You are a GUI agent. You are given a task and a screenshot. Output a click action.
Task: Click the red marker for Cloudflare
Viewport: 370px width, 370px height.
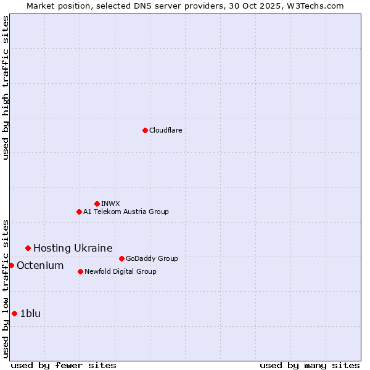(145, 130)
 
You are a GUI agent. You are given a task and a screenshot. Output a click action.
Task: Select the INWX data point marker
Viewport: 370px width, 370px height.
(97, 203)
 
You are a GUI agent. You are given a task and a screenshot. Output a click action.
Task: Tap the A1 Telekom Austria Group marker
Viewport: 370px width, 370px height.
(79, 212)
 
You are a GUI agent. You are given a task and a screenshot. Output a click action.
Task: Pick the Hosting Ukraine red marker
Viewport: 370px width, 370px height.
(28, 248)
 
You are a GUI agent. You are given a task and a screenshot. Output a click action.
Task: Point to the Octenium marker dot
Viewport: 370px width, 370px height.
(11, 265)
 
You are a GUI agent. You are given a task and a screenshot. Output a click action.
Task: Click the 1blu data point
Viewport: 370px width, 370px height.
(14, 313)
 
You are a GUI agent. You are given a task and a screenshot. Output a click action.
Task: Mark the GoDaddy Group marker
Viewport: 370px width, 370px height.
(121, 258)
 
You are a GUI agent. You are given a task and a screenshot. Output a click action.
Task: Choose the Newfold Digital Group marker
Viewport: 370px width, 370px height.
(80, 271)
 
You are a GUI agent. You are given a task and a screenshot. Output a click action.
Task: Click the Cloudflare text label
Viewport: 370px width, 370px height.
(165, 130)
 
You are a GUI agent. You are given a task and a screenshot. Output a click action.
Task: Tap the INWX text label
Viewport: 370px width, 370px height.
(110, 203)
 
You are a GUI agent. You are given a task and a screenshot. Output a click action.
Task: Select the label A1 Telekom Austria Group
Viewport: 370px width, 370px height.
(126, 212)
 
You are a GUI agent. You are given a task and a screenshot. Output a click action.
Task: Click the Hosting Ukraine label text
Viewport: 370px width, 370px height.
(73, 248)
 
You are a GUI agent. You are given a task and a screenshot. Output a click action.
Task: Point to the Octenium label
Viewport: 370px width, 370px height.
(40, 265)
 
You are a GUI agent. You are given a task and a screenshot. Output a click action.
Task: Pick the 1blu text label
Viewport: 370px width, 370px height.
(30, 313)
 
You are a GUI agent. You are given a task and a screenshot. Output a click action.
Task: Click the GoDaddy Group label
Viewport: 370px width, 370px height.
(152, 258)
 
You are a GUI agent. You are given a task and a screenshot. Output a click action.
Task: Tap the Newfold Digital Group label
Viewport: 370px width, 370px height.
(120, 271)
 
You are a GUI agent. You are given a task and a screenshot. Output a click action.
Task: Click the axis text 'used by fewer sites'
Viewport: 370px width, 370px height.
(64, 365)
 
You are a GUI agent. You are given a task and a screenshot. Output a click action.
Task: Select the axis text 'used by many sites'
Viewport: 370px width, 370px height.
(310, 365)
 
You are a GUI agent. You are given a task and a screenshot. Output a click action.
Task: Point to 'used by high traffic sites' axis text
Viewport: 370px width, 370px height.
(6, 88)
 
